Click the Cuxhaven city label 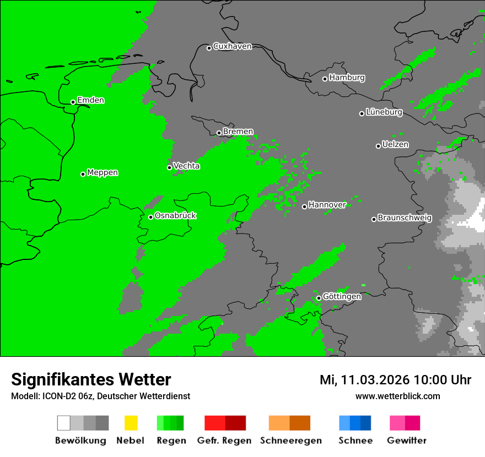(232, 47)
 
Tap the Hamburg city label (347, 78)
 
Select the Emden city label (90, 100)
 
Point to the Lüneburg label (384, 112)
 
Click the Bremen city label (238, 132)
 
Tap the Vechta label (186, 166)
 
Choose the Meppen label (103, 173)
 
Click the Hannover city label (327, 205)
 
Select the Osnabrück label (175, 216)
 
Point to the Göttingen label (342, 297)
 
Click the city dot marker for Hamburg (325, 79)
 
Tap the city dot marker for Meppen (83, 174)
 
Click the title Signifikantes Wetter (91, 380)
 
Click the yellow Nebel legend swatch (131, 423)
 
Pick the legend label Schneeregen (290, 440)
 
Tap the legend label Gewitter (406, 440)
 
